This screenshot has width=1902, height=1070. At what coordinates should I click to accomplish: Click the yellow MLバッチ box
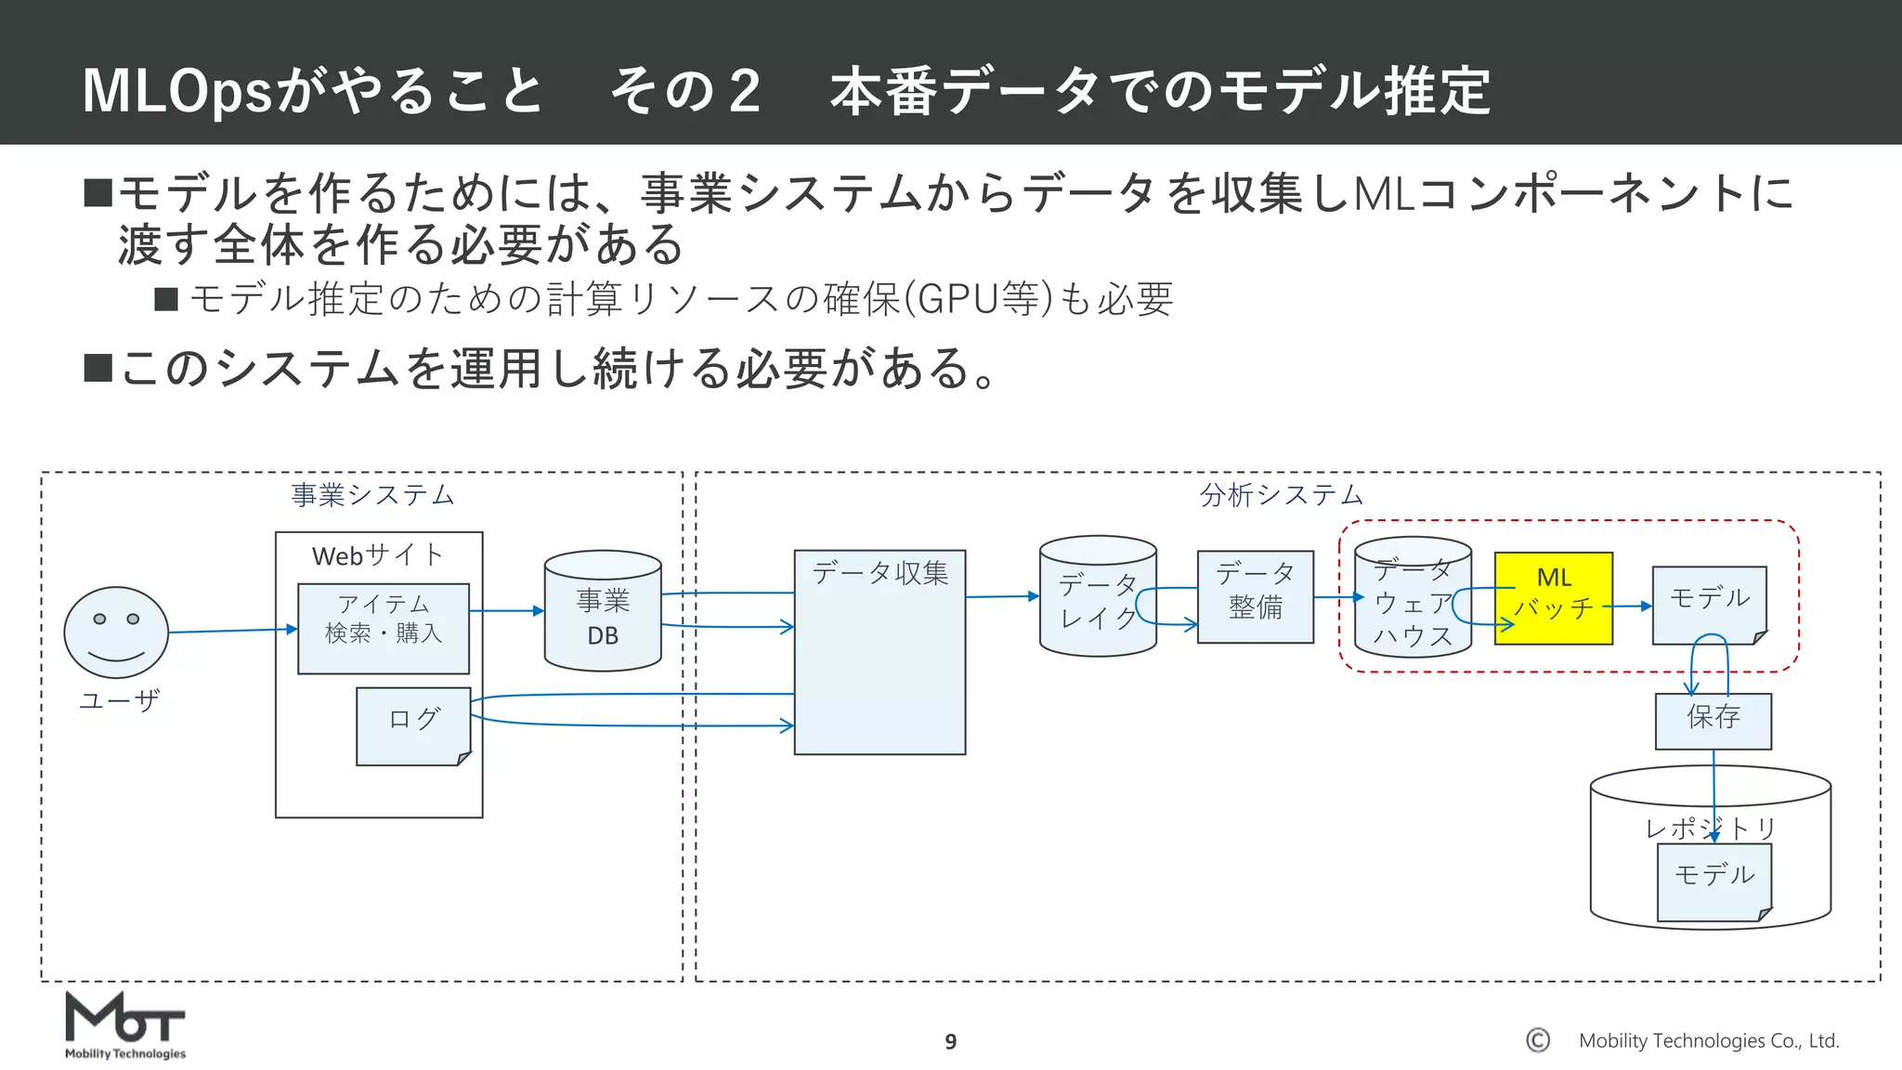pos(1553,598)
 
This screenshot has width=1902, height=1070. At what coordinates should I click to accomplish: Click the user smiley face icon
pos(116,633)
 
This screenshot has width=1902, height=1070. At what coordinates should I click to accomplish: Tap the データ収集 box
pos(879,652)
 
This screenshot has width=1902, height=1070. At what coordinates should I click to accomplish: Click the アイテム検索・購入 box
pos(383,628)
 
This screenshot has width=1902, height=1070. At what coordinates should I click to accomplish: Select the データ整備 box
pos(1255,596)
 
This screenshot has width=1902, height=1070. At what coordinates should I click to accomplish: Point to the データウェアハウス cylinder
pos(1412,598)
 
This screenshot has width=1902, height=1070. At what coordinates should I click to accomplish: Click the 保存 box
pos(1713,721)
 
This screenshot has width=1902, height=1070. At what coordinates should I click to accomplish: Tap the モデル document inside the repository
pos(1714,881)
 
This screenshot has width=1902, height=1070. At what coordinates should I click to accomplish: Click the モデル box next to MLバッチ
pos(1709,604)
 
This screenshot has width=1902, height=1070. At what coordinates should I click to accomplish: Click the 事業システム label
pos(372,495)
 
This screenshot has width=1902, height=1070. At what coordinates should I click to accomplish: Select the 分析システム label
pos(1281,495)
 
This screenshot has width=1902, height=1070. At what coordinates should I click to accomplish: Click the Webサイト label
pos(378,555)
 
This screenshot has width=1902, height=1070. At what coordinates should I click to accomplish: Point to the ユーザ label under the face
pos(119,700)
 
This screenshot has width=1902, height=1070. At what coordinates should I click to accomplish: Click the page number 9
pos(950,1042)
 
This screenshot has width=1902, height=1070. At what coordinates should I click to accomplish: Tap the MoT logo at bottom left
pos(124,1025)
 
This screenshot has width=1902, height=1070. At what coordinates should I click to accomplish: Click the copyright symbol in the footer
pos(1538,1040)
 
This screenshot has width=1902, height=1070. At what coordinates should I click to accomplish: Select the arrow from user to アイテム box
pos(232,631)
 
